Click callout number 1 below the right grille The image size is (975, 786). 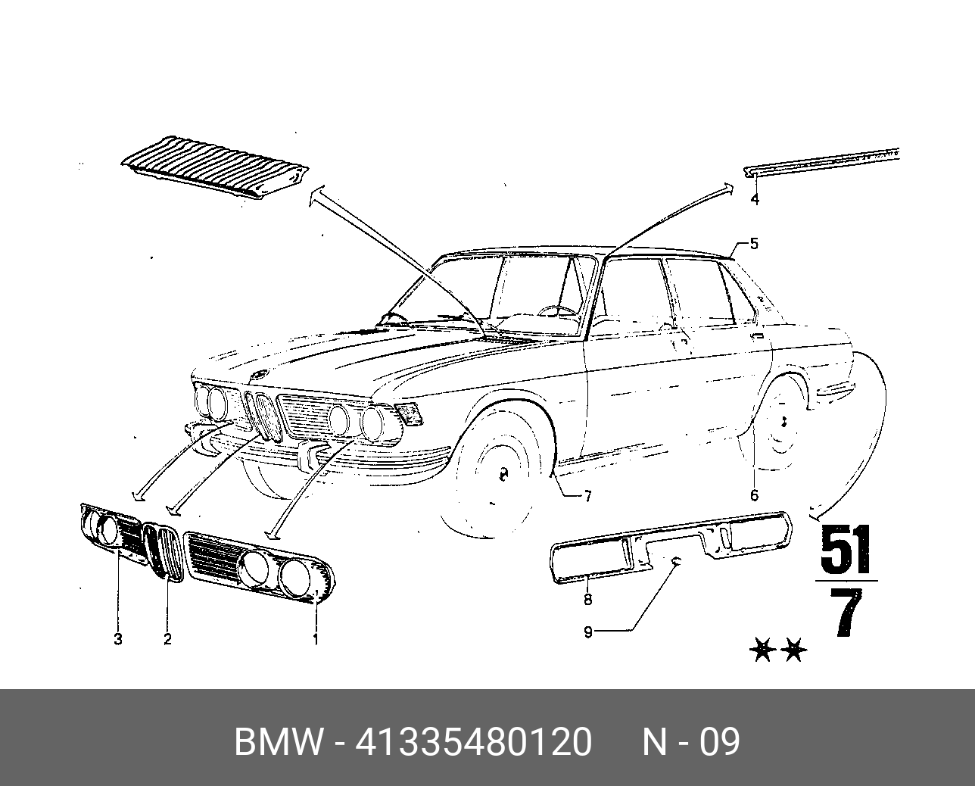pos(316,640)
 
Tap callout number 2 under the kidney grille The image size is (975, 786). pos(167,639)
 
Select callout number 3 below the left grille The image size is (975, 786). pos(118,639)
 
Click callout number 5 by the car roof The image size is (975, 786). pos(754,244)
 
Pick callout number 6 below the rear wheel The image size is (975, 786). pos(754,496)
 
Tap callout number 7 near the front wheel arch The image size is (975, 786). pos(587,497)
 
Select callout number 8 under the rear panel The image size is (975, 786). pos(587,600)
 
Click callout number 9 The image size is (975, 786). pos(588,632)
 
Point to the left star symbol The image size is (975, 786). pos(762,650)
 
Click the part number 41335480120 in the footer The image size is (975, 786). pos(473,742)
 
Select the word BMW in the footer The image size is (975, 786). pos(278,742)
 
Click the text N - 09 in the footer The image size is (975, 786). pos(690,742)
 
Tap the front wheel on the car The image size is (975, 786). pos(501,473)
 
